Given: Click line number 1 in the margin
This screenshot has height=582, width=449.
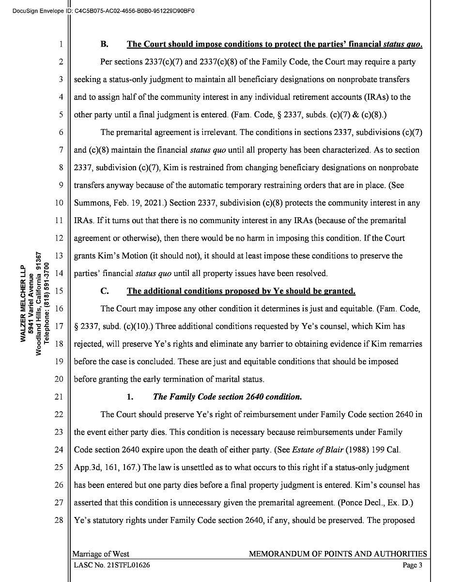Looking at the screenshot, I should [61, 44].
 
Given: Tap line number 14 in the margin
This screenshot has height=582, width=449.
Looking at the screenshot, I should [59, 273].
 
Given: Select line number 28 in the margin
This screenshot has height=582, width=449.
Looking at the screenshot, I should [59, 520].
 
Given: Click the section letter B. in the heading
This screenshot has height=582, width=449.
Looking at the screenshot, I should [104, 44].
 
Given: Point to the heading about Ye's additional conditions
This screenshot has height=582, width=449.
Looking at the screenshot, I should [241, 291].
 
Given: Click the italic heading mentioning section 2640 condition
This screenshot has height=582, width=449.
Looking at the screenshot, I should [227, 397].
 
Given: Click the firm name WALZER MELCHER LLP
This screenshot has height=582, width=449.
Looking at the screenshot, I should [23, 303].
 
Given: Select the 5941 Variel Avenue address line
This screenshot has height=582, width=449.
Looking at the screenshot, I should [31, 303].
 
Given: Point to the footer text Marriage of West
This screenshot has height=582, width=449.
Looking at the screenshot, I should [101, 554].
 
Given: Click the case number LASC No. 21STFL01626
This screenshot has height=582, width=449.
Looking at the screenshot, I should [112, 565].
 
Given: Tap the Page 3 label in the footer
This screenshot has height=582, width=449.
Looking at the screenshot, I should [413, 565].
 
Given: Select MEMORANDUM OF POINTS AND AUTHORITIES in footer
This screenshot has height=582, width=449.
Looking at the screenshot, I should [338, 554].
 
